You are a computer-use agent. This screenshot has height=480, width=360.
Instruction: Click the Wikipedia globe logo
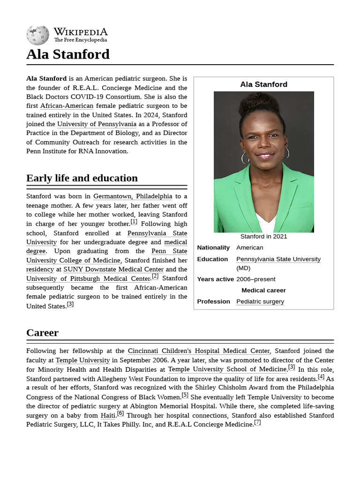(x=37, y=35)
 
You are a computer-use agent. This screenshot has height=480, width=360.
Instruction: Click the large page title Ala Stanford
(x=68, y=54)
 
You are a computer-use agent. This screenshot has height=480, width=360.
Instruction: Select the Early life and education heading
(x=82, y=178)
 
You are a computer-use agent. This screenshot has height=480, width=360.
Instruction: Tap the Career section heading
(x=42, y=333)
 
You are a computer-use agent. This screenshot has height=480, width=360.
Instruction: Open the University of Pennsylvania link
(x=97, y=124)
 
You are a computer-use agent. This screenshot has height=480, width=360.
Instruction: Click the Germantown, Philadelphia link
(x=133, y=196)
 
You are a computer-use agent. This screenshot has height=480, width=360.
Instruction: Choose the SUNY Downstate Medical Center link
(x=113, y=270)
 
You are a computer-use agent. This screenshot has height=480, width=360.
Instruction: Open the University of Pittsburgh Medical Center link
(x=88, y=279)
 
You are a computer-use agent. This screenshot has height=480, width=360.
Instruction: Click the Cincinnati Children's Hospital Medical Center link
(x=199, y=351)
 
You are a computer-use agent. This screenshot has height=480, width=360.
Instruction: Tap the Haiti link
(x=108, y=415)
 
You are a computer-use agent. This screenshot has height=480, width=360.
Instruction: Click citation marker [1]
(x=134, y=222)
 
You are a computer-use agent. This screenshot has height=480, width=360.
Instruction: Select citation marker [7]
(x=257, y=422)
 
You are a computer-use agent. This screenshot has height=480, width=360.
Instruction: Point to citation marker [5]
(x=185, y=395)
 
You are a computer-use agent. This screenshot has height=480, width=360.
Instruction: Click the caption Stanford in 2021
(x=263, y=237)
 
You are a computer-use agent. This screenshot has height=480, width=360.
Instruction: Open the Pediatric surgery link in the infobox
(x=260, y=302)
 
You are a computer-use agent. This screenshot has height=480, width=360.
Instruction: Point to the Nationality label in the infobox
(x=213, y=248)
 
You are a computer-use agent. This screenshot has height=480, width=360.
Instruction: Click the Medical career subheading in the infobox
(x=263, y=291)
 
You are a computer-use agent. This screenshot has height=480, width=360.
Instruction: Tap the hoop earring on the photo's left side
(x=244, y=157)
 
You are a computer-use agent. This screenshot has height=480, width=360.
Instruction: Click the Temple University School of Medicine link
(x=227, y=369)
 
